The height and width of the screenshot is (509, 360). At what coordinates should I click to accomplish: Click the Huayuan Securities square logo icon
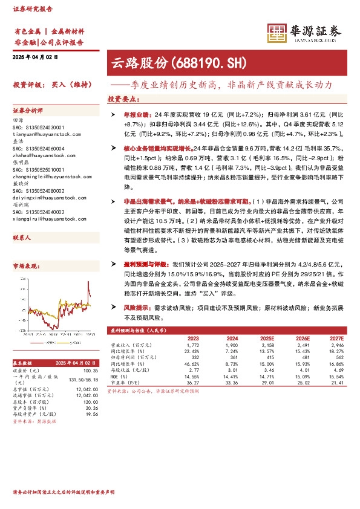coord(277,34)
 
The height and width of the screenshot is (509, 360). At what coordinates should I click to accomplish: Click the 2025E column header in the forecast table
coord(266,339)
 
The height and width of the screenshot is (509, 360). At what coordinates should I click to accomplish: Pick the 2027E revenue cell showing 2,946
coord(336,346)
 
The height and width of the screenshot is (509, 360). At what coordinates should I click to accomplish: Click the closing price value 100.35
coord(90,369)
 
